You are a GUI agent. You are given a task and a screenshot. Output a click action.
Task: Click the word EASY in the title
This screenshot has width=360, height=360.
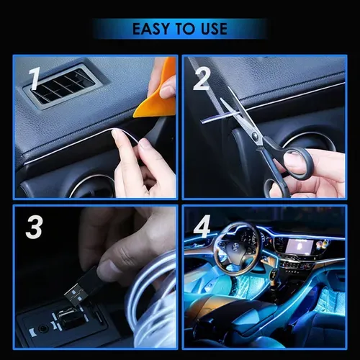[x=153, y=30]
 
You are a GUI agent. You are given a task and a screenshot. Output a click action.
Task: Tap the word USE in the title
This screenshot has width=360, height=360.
[x=212, y=30]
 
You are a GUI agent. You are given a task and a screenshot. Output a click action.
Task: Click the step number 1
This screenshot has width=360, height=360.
[x=32, y=81]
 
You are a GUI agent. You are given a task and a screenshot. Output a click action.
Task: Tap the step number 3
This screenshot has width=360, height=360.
[x=33, y=228]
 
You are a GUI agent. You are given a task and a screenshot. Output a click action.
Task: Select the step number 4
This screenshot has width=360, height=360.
[x=203, y=228]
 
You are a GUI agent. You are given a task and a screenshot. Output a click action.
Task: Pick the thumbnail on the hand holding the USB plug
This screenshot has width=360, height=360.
[x=107, y=269]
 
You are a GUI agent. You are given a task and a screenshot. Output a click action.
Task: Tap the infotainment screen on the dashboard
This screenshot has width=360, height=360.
[x=298, y=247]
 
